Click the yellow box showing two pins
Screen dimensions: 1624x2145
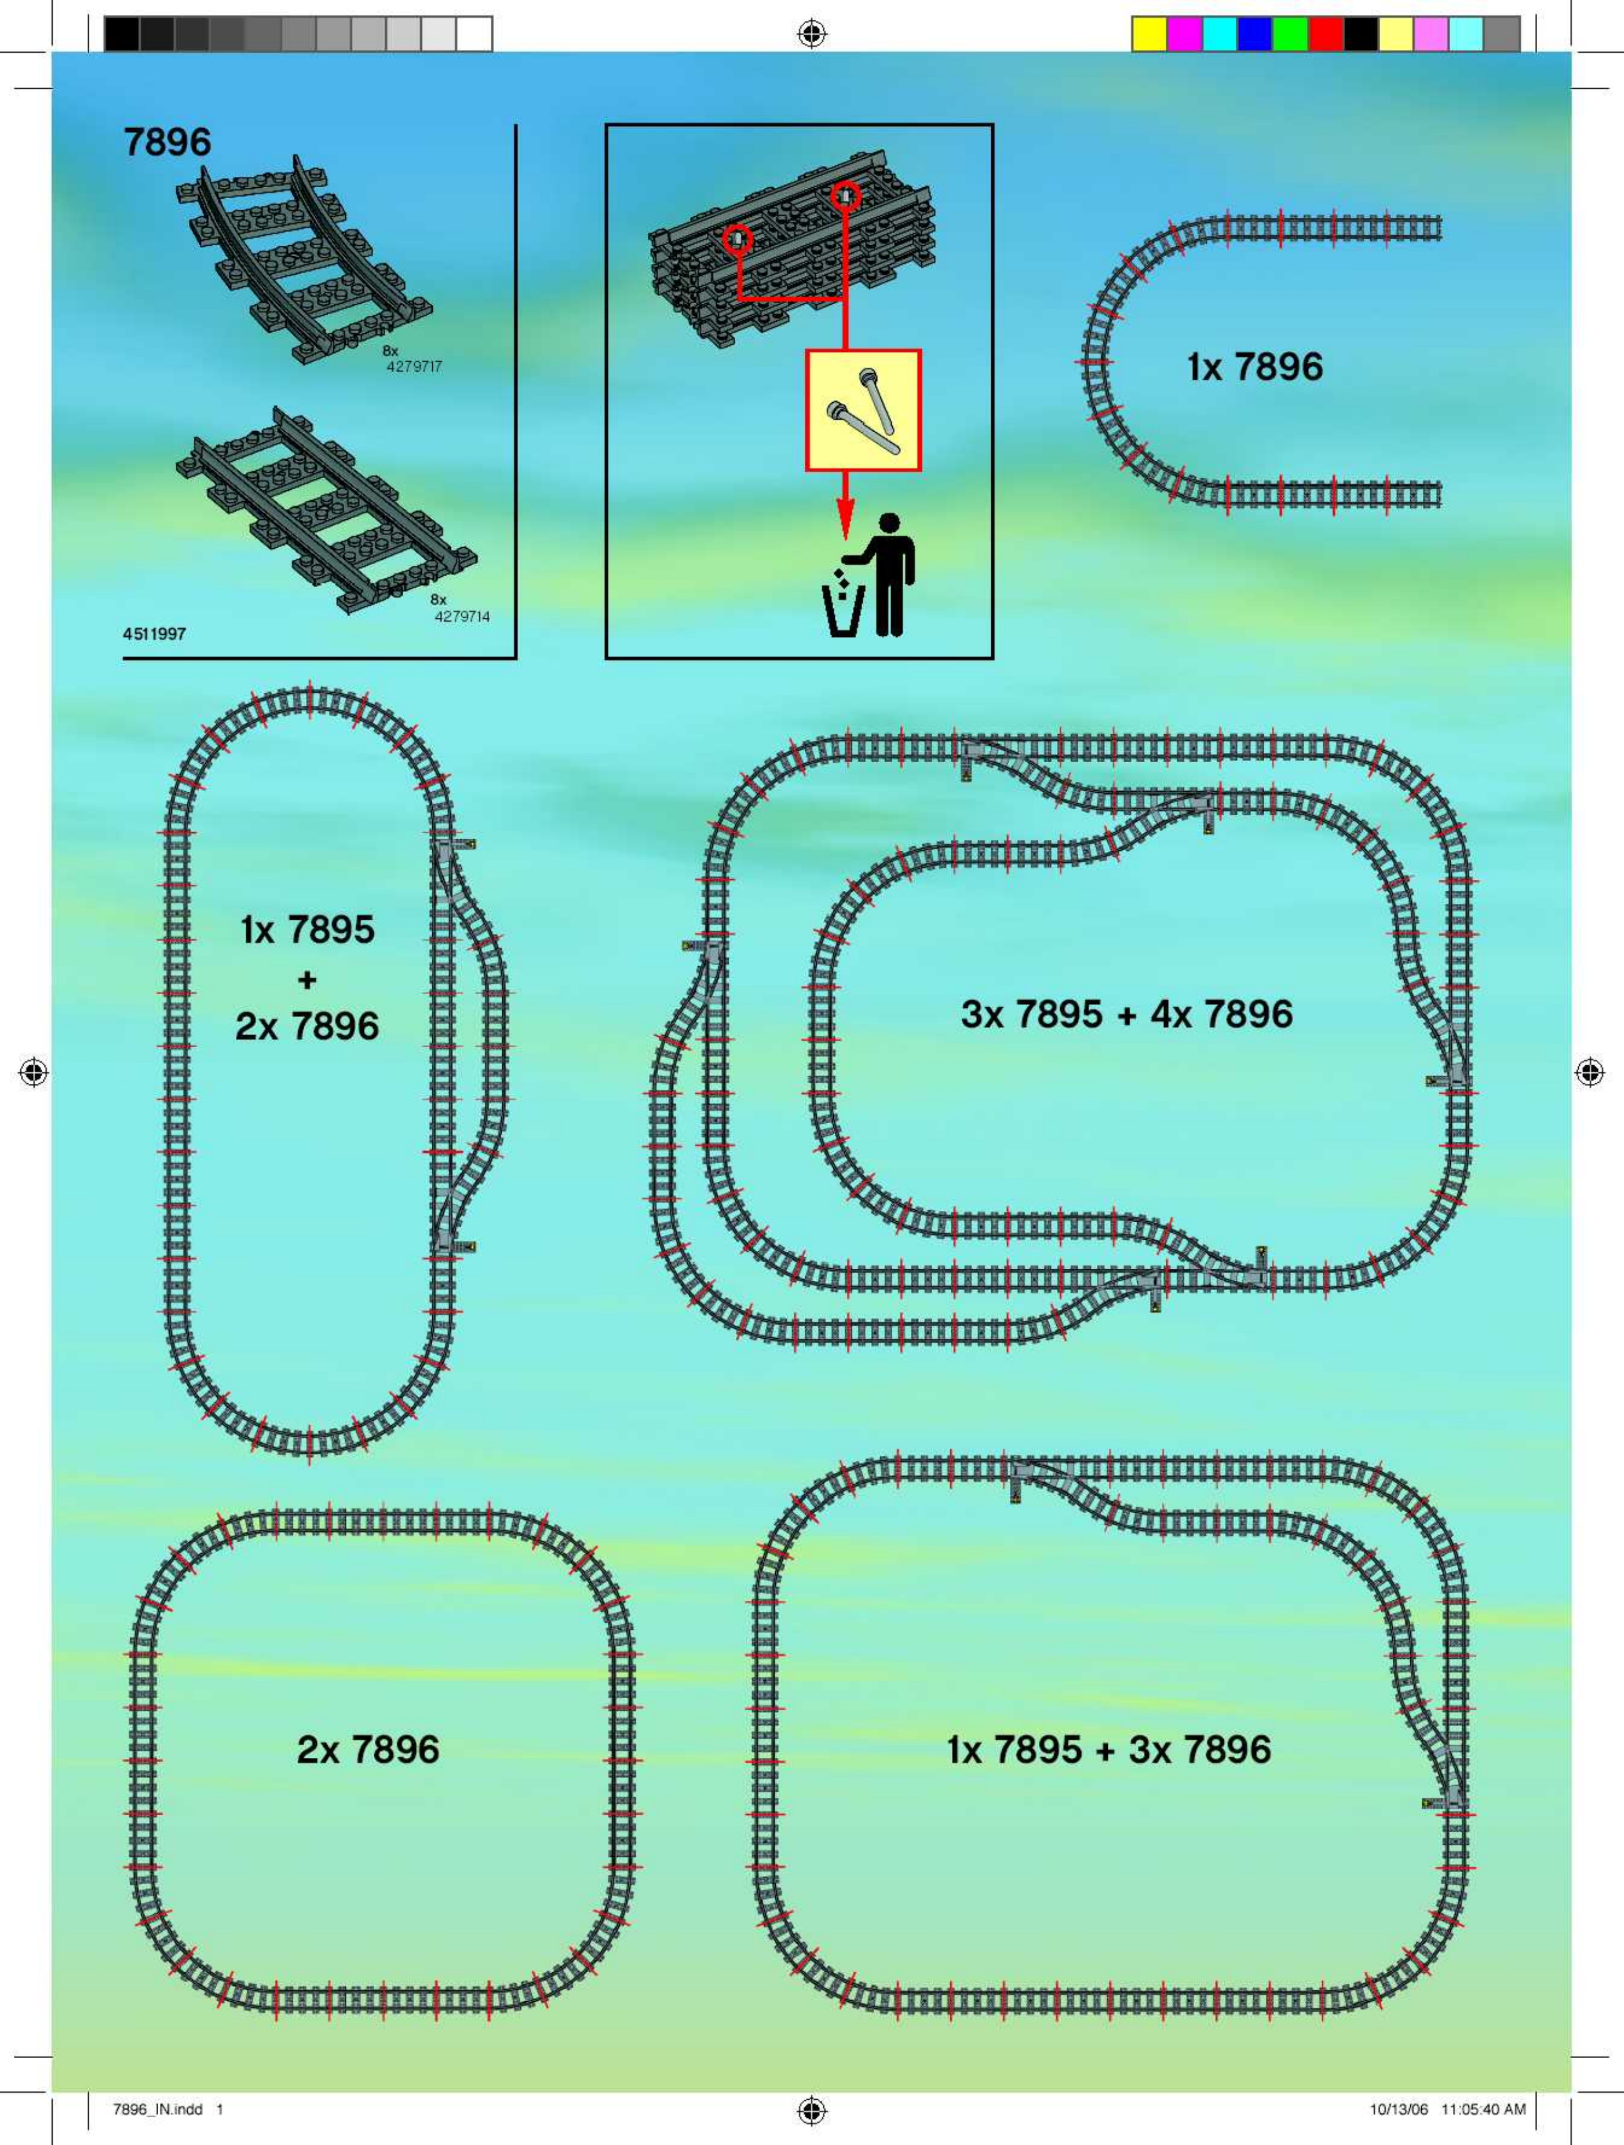pos(863,410)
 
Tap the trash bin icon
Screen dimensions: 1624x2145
pos(844,605)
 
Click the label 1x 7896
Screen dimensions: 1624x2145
pos(1254,366)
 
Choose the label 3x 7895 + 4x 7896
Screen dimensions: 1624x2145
pos(1127,1014)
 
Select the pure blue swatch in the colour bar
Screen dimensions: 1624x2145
pos(1254,34)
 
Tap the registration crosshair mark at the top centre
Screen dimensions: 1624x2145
pos(812,35)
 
